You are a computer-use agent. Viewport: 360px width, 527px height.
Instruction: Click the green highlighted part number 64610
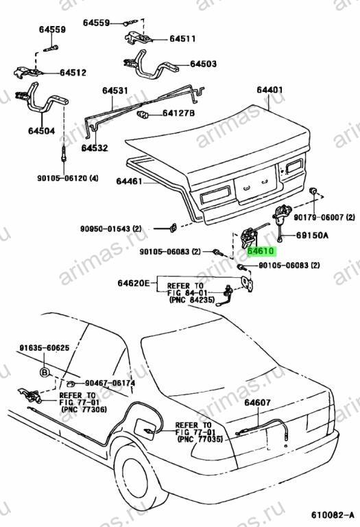coord(261,251)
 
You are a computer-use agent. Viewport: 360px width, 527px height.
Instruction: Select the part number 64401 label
coord(269,90)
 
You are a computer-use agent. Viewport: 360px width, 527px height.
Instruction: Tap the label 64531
coord(115,91)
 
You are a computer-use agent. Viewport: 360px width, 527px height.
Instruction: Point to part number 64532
coord(95,148)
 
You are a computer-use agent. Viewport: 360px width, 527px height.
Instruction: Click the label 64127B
coord(178,113)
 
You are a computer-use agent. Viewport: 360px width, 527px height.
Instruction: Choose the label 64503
coord(203,64)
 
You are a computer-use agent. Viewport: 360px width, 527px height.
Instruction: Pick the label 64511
coord(182,39)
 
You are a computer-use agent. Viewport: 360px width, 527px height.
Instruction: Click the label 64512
coord(73,73)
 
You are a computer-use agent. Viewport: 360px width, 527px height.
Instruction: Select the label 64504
coord(41,131)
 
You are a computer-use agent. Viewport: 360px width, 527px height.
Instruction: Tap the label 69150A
coord(312,235)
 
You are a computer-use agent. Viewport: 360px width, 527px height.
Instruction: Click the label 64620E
coord(134,283)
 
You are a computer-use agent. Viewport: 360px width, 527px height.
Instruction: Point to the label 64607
coord(257,402)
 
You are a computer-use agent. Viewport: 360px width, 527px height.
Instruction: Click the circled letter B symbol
coord(45,373)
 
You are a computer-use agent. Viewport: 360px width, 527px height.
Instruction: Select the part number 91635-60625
coord(45,348)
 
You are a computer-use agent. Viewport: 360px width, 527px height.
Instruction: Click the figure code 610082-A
coord(332,515)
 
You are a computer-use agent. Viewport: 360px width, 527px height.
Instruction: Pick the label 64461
coord(130,181)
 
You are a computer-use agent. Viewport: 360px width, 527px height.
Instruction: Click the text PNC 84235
coord(192,299)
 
